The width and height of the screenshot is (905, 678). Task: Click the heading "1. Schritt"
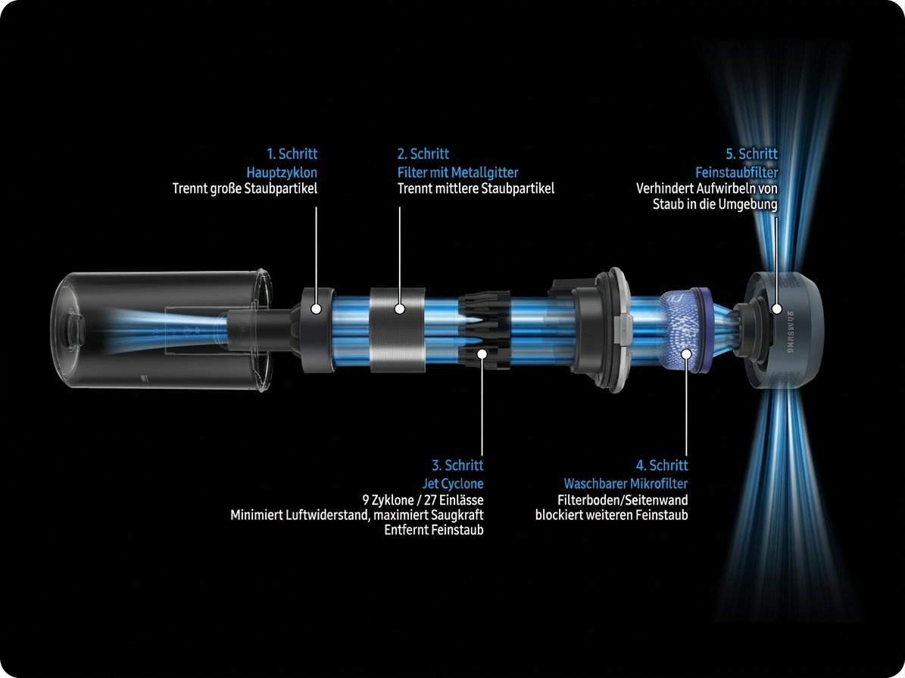tap(292, 154)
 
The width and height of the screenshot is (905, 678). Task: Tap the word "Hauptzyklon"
tap(282, 172)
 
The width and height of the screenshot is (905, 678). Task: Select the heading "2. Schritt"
tap(423, 154)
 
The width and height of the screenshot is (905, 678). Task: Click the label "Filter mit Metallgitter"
tap(457, 172)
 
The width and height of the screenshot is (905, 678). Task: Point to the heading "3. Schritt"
tap(457, 465)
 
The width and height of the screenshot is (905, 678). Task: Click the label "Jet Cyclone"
tap(453, 483)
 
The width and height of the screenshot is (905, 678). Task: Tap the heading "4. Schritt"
tap(662, 465)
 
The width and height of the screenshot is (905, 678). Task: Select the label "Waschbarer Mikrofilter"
tap(626, 483)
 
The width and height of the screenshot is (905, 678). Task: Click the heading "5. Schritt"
tap(751, 154)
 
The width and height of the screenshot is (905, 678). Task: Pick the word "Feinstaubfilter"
tap(736, 172)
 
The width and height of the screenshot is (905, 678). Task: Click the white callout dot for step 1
tap(316, 309)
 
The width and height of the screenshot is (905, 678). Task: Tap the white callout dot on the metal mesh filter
tap(399, 309)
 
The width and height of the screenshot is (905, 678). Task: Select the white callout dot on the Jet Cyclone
tap(482, 353)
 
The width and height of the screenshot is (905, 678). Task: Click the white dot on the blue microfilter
tap(686, 353)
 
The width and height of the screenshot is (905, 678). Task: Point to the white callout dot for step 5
tap(777, 309)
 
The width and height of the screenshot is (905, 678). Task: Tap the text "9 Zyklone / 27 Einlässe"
tap(423, 500)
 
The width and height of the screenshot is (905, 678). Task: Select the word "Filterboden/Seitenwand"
tap(623, 500)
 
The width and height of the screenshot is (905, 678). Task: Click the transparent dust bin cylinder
tap(161, 331)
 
